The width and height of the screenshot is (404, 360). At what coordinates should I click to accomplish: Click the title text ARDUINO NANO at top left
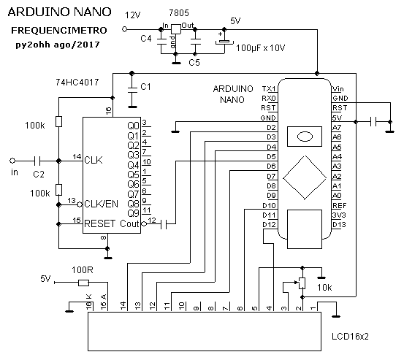tap(59, 12)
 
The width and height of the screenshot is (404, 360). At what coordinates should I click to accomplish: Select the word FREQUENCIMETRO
tap(59, 31)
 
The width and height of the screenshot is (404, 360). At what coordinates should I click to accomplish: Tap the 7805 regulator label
tap(179, 13)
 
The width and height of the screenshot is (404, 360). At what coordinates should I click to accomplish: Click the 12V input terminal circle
tap(124, 29)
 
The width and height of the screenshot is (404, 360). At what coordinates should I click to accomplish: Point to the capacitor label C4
tap(146, 39)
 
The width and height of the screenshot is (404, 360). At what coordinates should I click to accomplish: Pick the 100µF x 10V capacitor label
tap(261, 48)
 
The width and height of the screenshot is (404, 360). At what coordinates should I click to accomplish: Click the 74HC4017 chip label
tap(77, 82)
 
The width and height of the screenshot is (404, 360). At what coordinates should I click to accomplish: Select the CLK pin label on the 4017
tap(94, 160)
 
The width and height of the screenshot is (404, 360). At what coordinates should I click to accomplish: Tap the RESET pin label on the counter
tap(99, 223)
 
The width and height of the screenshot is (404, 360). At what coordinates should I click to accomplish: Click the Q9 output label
tap(133, 213)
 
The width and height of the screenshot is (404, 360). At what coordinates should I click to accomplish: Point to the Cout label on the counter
tap(129, 223)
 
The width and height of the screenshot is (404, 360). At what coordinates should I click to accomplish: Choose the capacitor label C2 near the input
tap(39, 175)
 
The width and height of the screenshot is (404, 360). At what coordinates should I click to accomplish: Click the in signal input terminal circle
tap(12, 161)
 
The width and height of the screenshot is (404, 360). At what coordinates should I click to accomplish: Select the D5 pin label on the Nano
tap(271, 156)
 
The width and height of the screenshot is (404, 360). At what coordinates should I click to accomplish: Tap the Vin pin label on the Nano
tap(338, 89)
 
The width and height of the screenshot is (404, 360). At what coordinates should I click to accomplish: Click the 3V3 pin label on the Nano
tap(339, 215)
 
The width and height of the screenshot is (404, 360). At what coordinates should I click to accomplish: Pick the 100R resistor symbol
tap(83, 283)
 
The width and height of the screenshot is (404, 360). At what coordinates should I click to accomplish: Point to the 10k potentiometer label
tap(324, 288)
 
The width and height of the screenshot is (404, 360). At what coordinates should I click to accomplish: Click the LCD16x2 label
tap(350, 337)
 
